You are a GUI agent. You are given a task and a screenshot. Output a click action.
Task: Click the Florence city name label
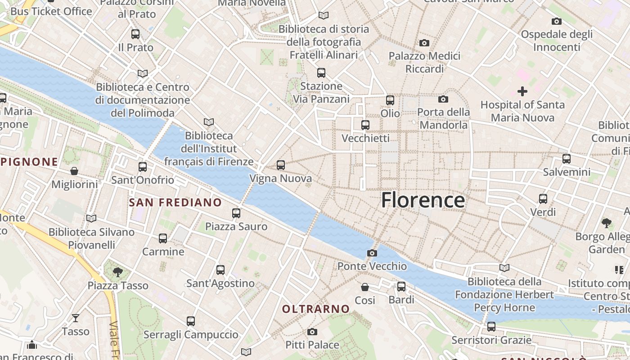click(423, 200)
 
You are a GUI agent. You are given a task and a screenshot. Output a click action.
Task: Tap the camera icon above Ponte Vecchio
click(372, 253)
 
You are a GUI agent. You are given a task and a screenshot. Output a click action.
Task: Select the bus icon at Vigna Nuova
click(281, 165)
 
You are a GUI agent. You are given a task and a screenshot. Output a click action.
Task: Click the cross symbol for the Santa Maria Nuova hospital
click(522, 92)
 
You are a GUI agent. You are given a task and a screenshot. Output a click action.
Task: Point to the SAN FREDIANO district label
click(175, 202)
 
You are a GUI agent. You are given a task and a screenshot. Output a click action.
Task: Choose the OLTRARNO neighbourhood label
click(316, 309)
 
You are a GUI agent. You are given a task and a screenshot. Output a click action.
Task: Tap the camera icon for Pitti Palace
click(312, 332)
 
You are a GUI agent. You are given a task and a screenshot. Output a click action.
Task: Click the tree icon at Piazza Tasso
click(118, 272)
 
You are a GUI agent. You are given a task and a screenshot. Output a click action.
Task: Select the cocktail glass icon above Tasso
click(75, 318)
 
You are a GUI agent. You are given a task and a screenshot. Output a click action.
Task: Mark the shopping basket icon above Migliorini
click(74, 171)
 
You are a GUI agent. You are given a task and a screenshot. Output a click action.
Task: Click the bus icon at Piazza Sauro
click(236, 213)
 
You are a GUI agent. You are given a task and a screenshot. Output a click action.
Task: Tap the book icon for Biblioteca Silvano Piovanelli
click(91, 219)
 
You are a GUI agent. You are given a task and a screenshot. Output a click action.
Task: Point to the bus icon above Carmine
click(163, 238)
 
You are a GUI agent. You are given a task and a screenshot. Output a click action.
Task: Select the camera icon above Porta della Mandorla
click(443, 99)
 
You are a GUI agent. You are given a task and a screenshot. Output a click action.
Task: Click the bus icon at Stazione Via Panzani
click(321, 73)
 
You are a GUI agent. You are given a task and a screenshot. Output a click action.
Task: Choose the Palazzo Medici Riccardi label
click(424, 63)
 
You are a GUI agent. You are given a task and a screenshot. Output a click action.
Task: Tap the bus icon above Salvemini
click(566, 159)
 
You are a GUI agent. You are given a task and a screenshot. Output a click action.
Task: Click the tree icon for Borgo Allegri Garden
click(606, 223)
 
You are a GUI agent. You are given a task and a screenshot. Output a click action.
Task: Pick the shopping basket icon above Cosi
click(365, 287)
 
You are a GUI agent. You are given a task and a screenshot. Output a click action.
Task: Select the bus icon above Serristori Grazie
click(491, 327)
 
